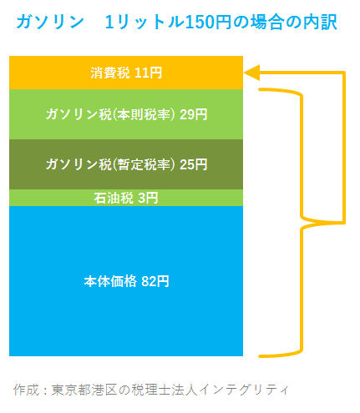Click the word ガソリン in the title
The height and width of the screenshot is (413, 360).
point(50,22)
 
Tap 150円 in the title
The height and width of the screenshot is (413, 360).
point(208,22)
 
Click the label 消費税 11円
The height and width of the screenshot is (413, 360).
point(126,73)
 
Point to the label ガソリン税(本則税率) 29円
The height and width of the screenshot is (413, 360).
point(126,114)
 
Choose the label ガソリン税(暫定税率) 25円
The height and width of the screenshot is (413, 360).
point(126,164)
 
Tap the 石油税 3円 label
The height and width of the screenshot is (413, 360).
point(126,198)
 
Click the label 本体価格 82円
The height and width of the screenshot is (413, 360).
point(126,281)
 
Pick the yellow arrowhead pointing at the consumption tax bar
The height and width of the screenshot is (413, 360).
point(252,73)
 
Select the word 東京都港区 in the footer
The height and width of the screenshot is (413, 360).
point(85,390)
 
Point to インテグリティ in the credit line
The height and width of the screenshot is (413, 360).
point(244,390)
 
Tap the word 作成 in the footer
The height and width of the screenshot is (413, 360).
point(26,390)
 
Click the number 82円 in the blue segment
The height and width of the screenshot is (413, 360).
point(155,281)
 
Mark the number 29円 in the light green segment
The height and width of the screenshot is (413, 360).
point(194,114)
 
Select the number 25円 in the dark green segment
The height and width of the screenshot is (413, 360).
point(194,164)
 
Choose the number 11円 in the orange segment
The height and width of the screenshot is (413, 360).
point(148,73)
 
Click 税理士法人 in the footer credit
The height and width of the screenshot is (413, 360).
point(165,390)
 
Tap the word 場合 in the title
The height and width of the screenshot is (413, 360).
point(267,22)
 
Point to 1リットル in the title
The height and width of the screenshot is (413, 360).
point(145,22)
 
